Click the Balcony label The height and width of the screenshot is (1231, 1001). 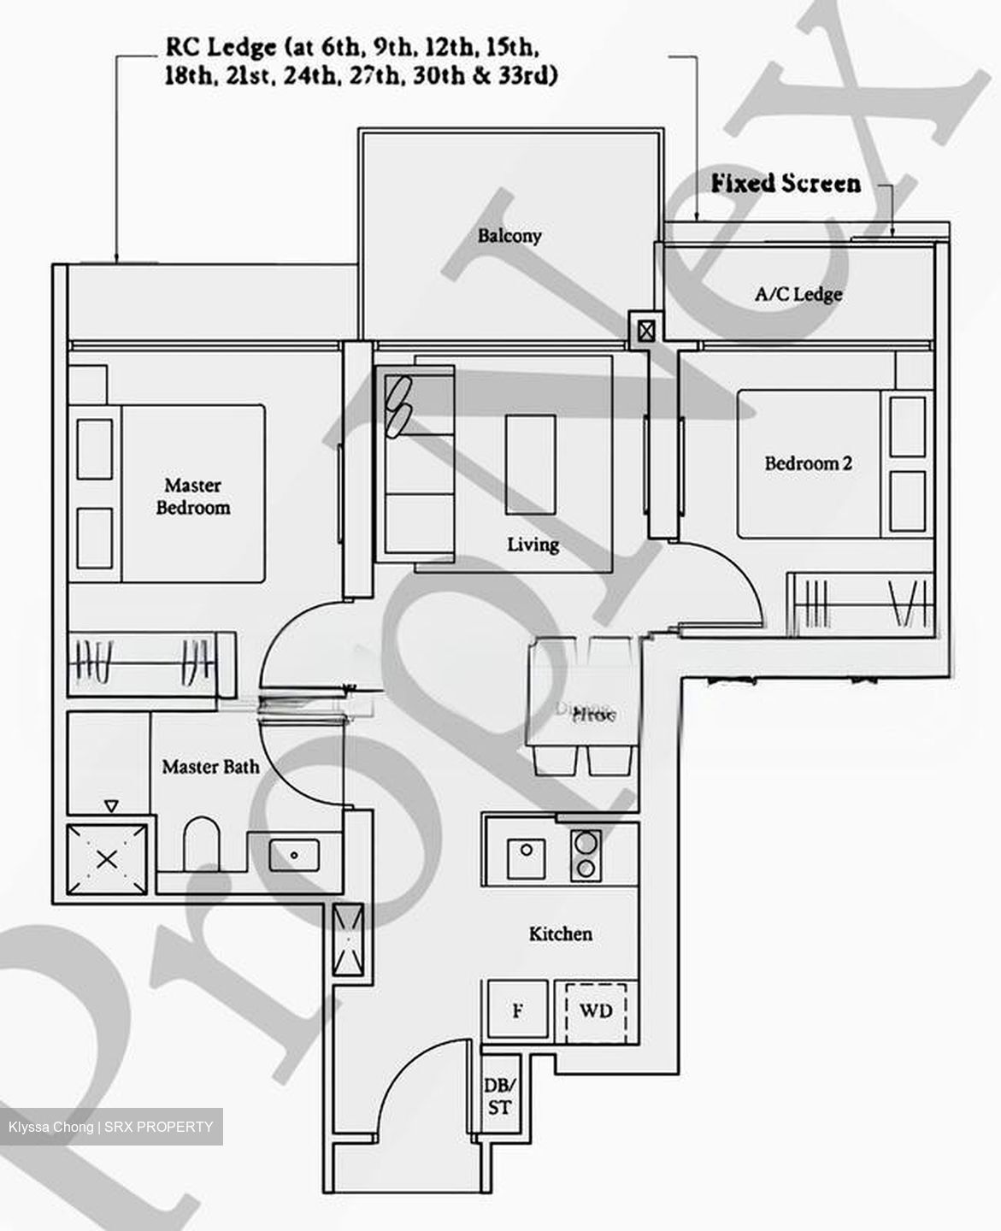click(509, 236)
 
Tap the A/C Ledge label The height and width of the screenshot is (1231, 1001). click(798, 295)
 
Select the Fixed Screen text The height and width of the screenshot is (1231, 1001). click(786, 184)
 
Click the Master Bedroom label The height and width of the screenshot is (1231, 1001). click(193, 497)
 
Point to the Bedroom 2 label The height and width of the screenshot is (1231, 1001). click(808, 464)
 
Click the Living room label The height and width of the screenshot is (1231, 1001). click(533, 545)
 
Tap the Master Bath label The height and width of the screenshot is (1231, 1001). click(210, 767)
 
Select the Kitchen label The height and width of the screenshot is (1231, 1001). click(560, 934)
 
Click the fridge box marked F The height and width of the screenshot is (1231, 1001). click(517, 1011)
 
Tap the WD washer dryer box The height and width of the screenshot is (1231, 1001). click(596, 1011)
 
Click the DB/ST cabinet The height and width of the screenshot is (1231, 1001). click(499, 1098)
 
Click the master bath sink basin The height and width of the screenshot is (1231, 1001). click(294, 854)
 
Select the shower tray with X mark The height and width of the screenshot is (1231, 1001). click(107, 860)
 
